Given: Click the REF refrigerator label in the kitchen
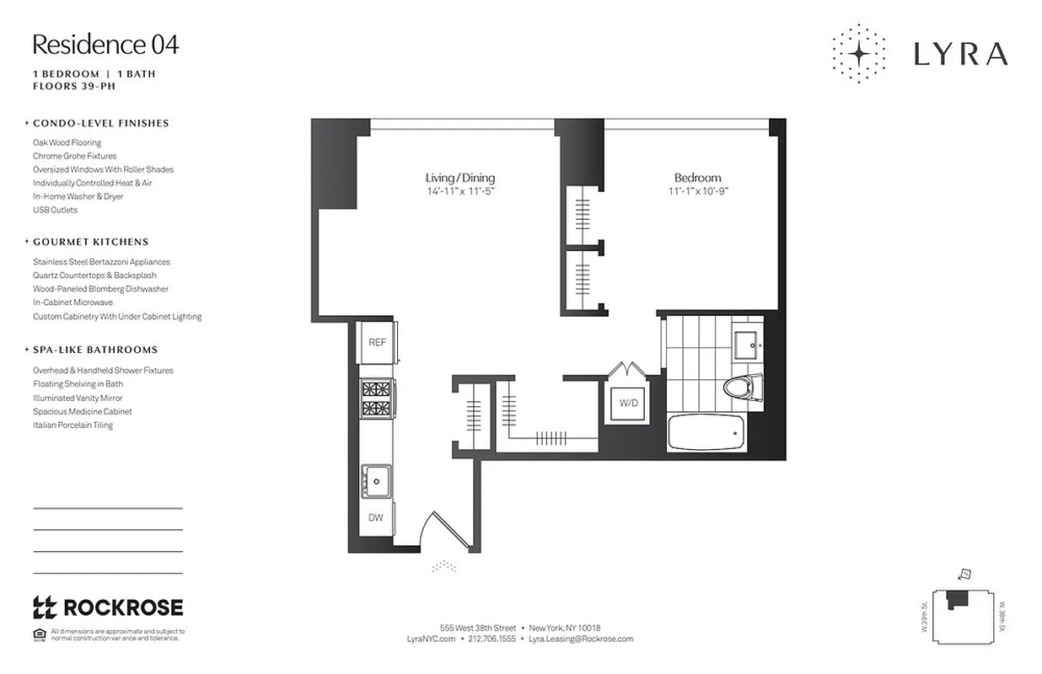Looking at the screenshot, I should (377, 343).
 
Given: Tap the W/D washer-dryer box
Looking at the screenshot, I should (629, 403).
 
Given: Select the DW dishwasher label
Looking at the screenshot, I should (375, 517).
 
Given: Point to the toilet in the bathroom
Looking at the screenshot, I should (742, 387).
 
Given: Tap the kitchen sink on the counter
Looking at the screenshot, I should (376, 483).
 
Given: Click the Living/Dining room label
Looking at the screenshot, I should (459, 178).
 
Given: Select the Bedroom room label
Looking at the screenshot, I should (697, 178).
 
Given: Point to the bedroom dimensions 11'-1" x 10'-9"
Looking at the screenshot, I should (697, 191).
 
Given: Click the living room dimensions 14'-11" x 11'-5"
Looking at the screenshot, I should (459, 191).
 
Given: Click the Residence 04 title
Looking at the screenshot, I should (105, 45).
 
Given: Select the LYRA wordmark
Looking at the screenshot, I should (960, 55).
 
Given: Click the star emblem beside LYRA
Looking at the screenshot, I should (858, 54).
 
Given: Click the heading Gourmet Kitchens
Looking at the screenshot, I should (90, 242).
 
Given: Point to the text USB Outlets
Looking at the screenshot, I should (55, 210).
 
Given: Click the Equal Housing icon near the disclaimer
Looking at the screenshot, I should (39, 634).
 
